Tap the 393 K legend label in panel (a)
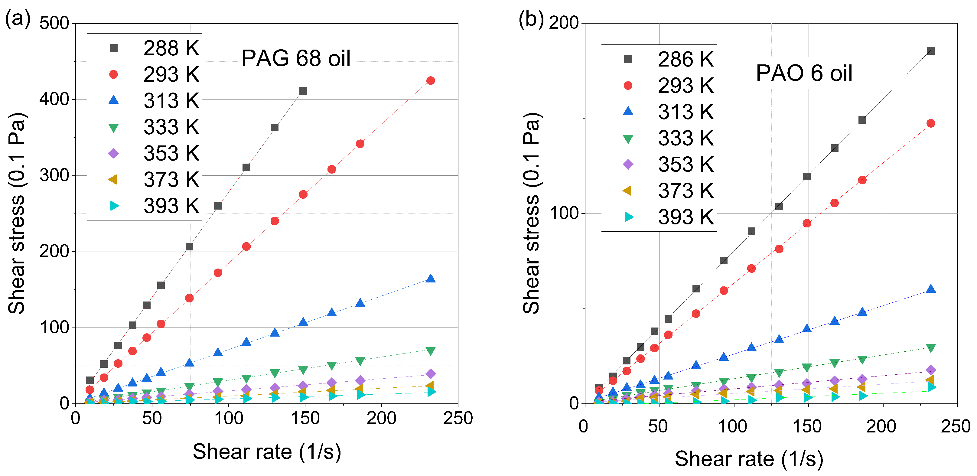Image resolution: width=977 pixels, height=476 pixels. coord(171,206)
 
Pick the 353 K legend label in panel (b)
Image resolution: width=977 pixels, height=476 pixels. coord(686,164)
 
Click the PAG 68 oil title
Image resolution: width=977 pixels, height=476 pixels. coord(296,58)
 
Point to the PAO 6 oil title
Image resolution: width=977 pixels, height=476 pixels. coord(804,73)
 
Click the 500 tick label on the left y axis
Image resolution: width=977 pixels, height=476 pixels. coord(54,23)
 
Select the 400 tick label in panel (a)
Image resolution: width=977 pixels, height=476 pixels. coord(54,99)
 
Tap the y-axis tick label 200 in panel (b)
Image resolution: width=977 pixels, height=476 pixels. coord(564,23)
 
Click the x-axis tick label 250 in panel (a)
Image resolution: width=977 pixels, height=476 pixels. coord(458,418)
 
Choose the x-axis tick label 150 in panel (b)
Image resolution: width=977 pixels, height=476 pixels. coord(807,426)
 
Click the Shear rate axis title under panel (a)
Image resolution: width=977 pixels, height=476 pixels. coord(267,452)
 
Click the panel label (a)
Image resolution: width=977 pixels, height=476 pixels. coord(18,18)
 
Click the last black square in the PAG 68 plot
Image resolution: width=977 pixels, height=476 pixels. coord(303,91)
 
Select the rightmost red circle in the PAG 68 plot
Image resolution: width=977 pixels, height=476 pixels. coord(431,80)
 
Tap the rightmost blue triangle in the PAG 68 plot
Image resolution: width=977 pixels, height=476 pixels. coord(431,279)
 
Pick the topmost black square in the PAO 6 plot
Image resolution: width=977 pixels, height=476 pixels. coord(931,51)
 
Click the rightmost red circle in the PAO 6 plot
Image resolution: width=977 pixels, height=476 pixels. coord(931,123)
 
